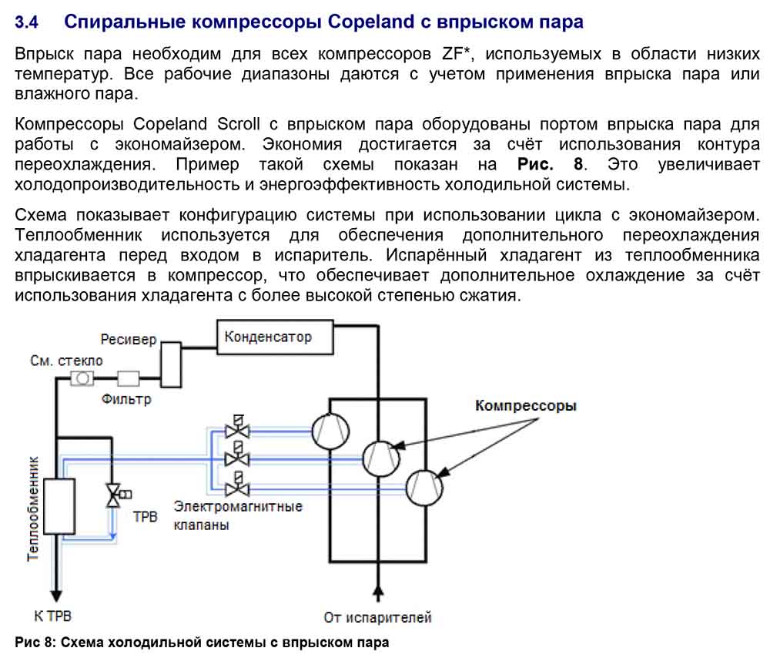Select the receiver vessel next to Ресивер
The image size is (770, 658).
point(171,364)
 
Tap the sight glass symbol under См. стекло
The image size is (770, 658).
point(82,378)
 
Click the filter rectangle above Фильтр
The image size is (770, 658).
point(128,378)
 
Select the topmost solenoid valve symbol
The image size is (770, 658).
point(237,427)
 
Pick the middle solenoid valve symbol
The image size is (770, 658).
point(237,455)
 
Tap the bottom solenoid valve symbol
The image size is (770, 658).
point(237,484)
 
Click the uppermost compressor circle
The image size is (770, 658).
point(330,432)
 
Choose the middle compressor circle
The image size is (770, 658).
point(381,458)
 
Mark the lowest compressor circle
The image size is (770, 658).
point(424,488)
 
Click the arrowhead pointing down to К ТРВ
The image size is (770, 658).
point(56,595)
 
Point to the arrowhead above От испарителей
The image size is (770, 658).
point(377,592)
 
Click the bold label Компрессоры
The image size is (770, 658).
point(525,405)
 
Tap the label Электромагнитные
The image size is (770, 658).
point(238,506)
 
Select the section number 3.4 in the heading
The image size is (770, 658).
point(26,22)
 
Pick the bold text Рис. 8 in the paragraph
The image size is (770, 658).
point(551,164)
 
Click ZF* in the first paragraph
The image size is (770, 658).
point(457,54)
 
